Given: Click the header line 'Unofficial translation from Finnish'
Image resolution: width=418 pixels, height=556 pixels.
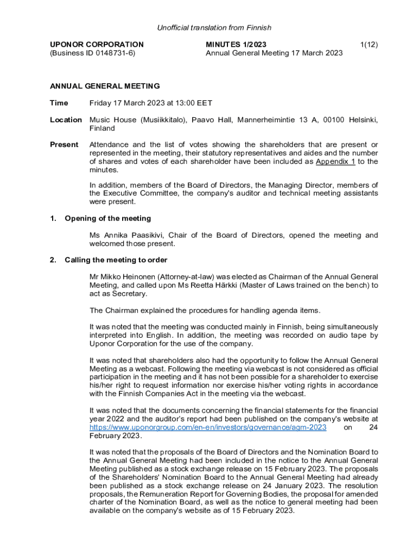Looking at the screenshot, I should [x=214, y=28].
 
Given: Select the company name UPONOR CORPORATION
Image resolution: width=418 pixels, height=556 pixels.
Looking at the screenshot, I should [x=97, y=45].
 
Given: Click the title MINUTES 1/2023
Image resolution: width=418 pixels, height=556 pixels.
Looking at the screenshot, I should [x=236, y=45].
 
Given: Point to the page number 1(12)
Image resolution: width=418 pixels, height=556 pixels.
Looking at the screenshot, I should [x=369, y=45].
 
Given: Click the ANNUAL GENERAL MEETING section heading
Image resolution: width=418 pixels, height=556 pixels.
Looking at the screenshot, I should [x=105, y=86].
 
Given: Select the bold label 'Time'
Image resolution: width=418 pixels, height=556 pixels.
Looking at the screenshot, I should [x=59, y=103].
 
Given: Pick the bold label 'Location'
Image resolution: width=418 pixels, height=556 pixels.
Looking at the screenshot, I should [x=66, y=120].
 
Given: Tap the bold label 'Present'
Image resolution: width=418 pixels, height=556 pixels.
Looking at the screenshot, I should [x=64, y=145].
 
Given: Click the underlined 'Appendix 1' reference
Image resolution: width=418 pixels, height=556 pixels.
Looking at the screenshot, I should [x=335, y=162].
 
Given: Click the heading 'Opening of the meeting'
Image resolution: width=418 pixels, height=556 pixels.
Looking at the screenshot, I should [x=107, y=218].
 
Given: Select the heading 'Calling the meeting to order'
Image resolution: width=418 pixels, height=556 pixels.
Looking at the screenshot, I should [x=116, y=260].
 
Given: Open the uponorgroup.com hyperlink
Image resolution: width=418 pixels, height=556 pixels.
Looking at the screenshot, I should [x=208, y=428].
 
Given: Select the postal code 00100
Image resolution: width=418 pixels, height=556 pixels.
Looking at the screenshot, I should [x=333, y=120].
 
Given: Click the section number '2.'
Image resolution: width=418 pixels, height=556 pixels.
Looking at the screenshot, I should [x=53, y=260].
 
